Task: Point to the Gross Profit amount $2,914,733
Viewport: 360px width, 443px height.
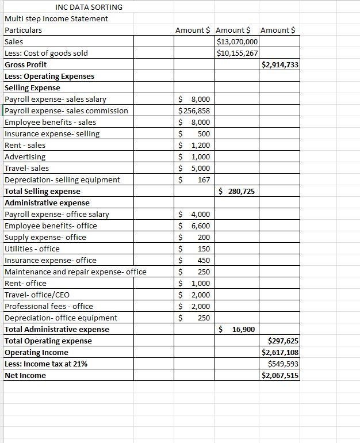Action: (x=280, y=64)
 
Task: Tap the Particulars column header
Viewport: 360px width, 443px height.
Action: (x=23, y=30)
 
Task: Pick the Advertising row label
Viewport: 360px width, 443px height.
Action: (x=25, y=156)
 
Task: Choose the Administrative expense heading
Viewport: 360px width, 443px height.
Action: (x=47, y=203)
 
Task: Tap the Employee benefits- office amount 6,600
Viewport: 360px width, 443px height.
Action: (x=195, y=226)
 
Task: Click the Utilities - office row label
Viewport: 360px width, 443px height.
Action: (x=32, y=249)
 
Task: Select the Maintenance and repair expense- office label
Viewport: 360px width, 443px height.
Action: (x=75, y=272)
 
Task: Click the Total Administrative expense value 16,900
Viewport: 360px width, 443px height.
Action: (x=241, y=329)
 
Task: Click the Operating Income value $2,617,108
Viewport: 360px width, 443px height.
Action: (x=280, y=352)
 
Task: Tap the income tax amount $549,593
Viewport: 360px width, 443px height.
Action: (x=283, y=364)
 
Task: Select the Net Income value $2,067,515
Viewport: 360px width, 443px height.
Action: (x=280, y=375)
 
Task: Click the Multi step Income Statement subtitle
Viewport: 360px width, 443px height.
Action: (x=56, y=18)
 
